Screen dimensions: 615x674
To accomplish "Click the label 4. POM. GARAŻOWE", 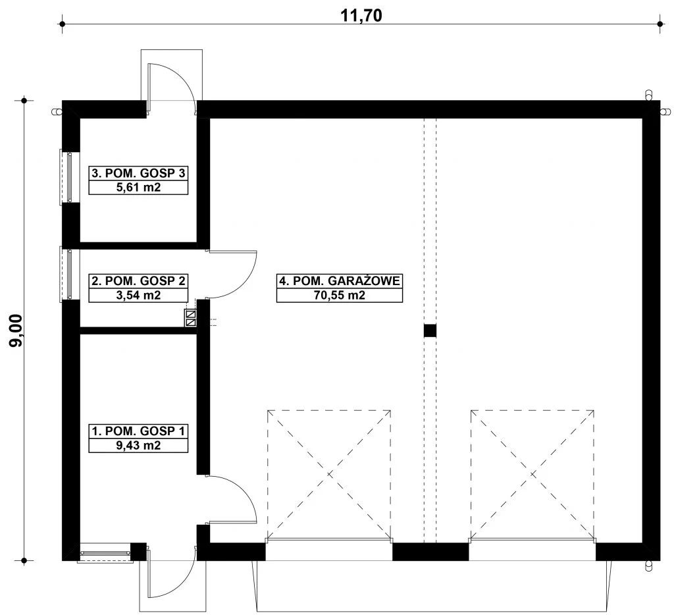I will point(340,281).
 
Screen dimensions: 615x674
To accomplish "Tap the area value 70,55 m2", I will point(340,296).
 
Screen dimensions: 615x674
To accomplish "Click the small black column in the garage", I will point(430,331).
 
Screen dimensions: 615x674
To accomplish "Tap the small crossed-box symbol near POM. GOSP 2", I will point(191,318).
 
